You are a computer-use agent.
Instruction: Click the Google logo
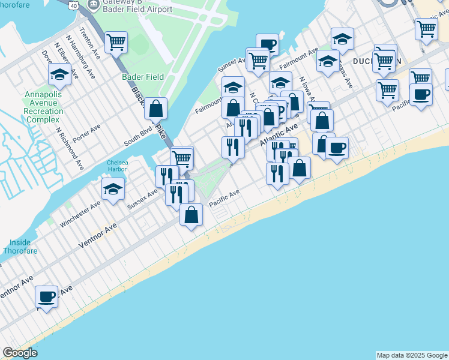pos(20,353)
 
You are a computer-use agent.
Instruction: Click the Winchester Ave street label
pos(80,214)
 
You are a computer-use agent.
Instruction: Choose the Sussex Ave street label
pos(142,199)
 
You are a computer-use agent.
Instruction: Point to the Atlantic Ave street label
pos(279,137)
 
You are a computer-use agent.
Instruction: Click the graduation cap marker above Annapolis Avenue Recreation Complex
pos(59,74)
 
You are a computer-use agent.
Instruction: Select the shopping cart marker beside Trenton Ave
pos(115,42)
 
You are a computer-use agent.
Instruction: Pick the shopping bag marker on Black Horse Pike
pos(155,109)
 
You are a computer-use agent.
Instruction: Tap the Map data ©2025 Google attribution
pos(412,355)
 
